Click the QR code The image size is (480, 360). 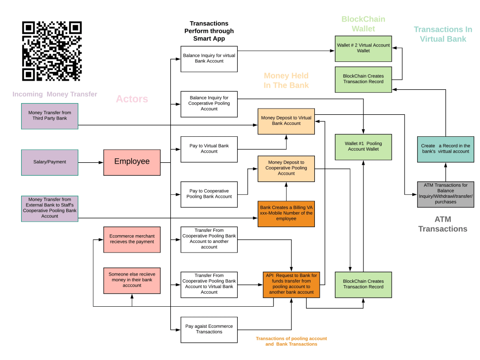pos(52,51)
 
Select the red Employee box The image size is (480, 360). pos(132,162)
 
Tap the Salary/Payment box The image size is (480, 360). pos(49,162)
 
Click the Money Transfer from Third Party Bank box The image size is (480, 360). pos(49,116)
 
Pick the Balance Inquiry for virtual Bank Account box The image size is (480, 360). pos(209,59)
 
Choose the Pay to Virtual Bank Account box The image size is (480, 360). pos(209,149)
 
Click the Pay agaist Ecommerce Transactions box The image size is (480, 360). pos(209,329)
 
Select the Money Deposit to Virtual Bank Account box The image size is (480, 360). pos(286,121)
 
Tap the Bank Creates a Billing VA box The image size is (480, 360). pos(286,213)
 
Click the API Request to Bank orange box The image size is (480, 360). pos(291,284)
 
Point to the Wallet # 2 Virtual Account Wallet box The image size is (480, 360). pos(363,48)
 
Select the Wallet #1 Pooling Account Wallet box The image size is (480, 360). pos(363,146)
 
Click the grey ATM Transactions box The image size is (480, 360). pos(445,194)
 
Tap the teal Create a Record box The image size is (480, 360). pos(445,149)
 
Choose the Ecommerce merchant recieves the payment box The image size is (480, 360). pos(132,239)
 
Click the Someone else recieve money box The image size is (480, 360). pos(132,280)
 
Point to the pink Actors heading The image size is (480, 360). pos(132,99)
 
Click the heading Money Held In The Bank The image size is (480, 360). pos(286,81)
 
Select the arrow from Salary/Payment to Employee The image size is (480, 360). pos(90,162)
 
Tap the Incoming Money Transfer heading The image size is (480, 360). pos(55,95)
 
